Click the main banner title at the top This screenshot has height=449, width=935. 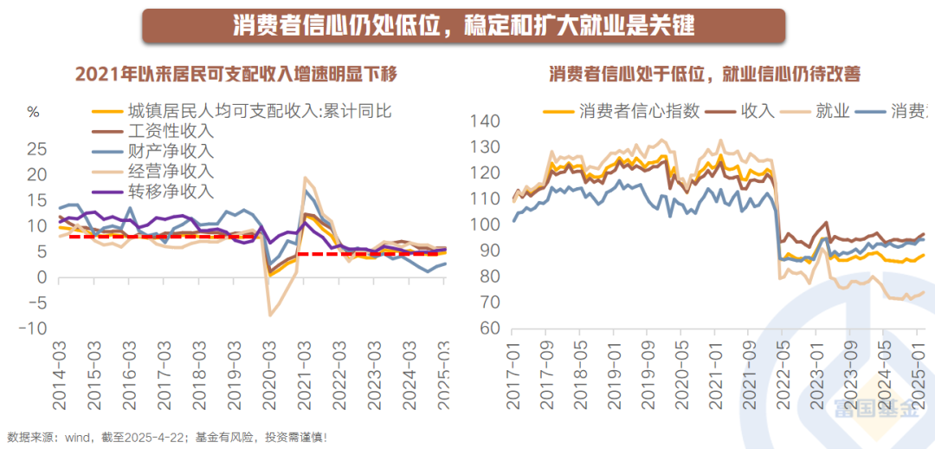(464, 24)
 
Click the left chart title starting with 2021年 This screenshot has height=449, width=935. (236, 74)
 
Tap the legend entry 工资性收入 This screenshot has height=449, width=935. (170, 131)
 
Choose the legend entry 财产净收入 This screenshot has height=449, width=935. (170, 151)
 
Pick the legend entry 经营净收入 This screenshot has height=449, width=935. (170, 171)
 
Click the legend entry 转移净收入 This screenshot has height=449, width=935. (170, 191)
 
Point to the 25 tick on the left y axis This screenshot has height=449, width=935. (36, 149)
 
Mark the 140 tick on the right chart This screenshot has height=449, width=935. (485, 120)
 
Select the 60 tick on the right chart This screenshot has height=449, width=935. (489, 329)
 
